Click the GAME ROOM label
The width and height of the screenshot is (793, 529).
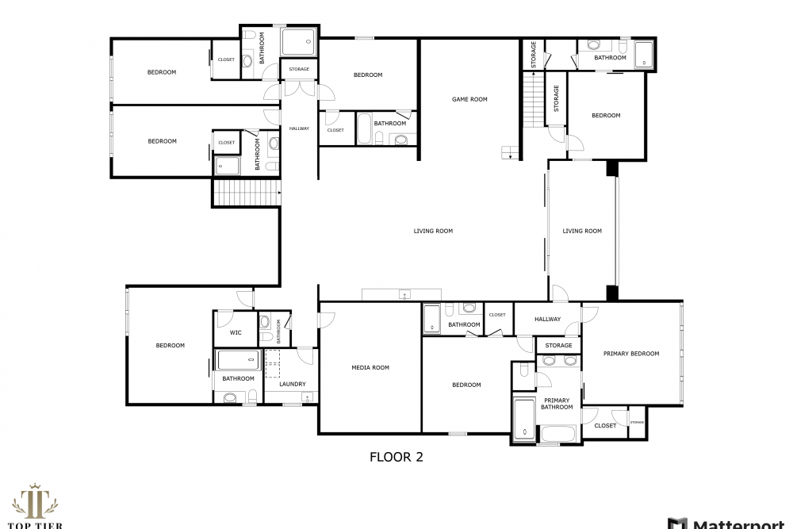[469, 99]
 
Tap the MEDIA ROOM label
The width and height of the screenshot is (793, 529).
[370, 368]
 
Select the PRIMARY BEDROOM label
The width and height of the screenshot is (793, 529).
[631, 354]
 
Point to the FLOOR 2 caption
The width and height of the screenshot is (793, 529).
[396, 457]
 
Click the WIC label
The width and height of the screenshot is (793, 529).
[236, 333]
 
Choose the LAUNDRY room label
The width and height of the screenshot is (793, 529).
[293, 384]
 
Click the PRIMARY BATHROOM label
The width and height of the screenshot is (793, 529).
[557, 404]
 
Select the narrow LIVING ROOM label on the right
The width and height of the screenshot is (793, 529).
[582, 231]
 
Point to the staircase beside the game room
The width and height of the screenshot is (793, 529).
[533, 100]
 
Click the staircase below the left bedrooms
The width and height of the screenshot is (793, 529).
[247, 193]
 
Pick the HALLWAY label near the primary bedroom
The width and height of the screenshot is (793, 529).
[547, 319]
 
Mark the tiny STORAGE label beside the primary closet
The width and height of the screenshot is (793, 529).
[638, 422]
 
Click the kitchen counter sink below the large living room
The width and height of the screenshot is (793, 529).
[404, 294]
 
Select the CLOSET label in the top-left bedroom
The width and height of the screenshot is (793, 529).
[226, 59]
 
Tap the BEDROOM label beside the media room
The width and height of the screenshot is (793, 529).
[466, 385]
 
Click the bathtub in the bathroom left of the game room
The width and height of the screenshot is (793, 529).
[364, 128]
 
